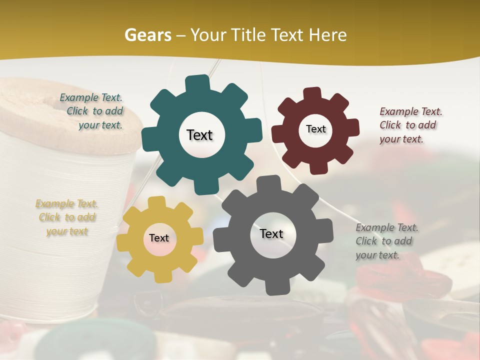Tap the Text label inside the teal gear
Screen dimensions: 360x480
199,135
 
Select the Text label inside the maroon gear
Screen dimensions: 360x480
315,129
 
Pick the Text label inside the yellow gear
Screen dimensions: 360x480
159,238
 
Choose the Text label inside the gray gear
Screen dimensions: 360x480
271,233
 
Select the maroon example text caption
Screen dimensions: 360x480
409,125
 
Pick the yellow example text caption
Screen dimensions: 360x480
67,217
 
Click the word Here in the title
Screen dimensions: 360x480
327,35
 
